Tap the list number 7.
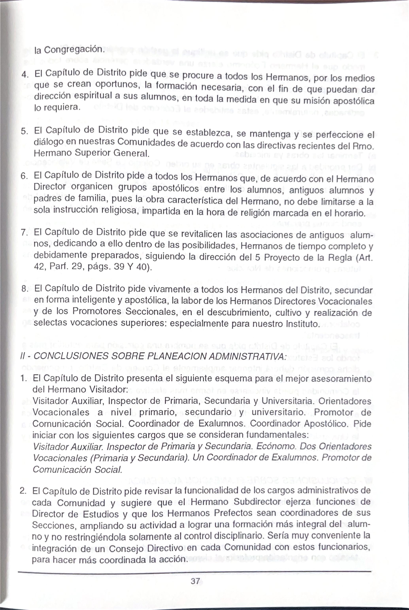24,232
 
